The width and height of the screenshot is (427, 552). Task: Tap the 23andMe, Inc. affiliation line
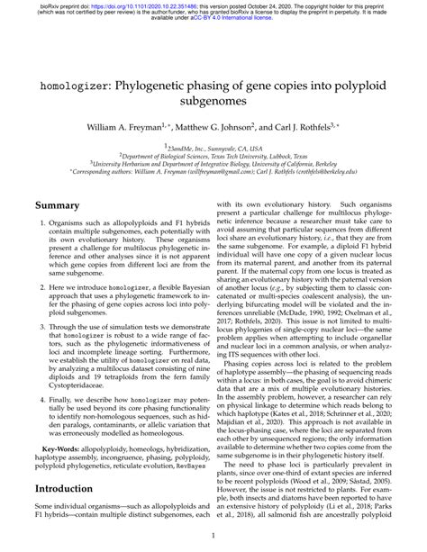point(214,147)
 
